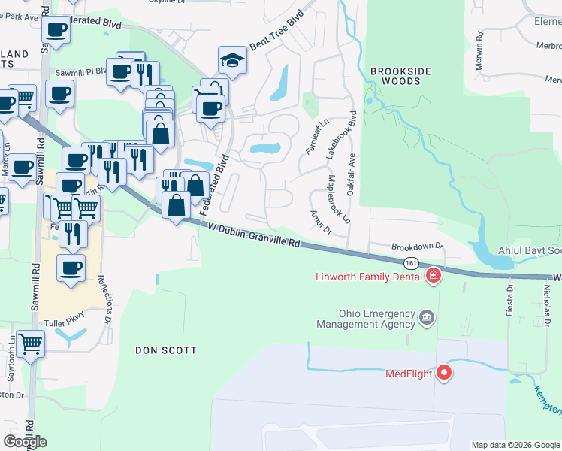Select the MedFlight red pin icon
click(444, 372)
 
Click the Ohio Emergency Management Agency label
click(366, 319)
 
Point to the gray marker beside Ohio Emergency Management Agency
click(428, 318)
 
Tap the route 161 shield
click(410, 264)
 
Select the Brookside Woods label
click(401, 76)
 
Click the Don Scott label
click(165, 350)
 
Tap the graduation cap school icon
click(232, 61)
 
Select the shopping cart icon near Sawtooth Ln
click(30, 344)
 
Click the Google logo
click(25, 442)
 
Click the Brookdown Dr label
click(418, 246)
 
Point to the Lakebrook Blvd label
click(340, 135)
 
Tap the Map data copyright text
click(515, 445)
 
